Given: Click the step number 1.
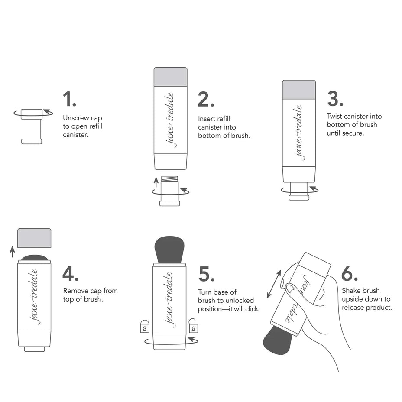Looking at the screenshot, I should click(69, 99).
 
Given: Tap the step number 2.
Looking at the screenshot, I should click(205, 99).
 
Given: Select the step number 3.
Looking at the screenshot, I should click(335, 99).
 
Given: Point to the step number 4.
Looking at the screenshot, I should click(70, 273).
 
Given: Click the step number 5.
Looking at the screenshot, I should click(206, 274).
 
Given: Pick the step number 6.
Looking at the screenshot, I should click(349, 273).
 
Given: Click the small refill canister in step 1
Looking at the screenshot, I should click(32, 126).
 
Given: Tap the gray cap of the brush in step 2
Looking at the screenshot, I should click(171, 77).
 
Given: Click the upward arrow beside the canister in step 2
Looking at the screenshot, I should click(156, 182).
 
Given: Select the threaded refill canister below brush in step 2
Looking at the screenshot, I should click(169, 191).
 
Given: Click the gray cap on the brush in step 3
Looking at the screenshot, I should click(299, 90).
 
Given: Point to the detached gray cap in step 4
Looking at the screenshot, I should click(34, 238).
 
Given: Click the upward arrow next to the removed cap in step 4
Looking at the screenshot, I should click(13, 252).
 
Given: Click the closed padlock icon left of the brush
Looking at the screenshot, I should click(144, 327).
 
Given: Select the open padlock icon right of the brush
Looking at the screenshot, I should click(193, 327).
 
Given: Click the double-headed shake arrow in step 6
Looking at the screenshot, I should click(273, 284).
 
